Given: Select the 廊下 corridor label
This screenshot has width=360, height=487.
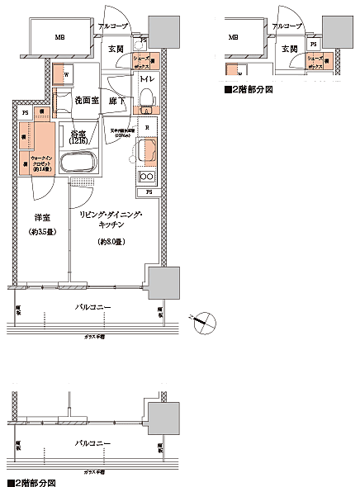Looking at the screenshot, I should [x=119, y=100].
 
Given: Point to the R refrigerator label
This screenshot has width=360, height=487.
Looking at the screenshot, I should [x=146, y=127].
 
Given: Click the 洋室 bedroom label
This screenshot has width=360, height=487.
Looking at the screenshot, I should [x=43, y=217].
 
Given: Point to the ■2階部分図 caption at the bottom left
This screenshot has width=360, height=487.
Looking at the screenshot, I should [x=31, y=480].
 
